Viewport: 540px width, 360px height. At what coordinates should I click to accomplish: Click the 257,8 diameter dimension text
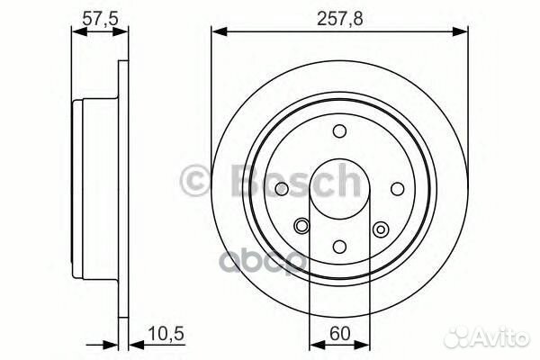[x=339, y=15]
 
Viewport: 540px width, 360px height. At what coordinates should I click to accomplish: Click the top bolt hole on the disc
[x=339, y=131]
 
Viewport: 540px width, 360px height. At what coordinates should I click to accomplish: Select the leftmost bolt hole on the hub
[x=282, y=189]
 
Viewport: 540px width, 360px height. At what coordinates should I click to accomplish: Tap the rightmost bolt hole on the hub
[x=397, y=189]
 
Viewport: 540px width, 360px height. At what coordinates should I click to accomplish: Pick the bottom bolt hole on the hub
[x=339, y=246]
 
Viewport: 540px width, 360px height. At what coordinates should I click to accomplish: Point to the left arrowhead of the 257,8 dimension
[x=217, y=32]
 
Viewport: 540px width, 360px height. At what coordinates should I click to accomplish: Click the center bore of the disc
[x=339, y=189]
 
